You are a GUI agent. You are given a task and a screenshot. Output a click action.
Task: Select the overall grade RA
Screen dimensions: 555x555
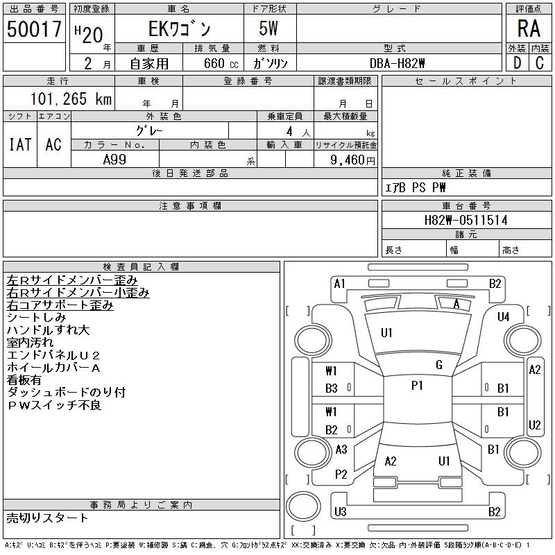click(x=528, y=28)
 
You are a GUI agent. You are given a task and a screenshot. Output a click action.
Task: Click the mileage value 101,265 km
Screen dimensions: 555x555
click(x=71, y=99)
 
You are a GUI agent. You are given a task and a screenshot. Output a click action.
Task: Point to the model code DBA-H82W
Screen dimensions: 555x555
click(x=398, y=63)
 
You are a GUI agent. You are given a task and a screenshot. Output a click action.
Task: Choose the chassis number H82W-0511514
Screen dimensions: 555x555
click(x=466, y=221)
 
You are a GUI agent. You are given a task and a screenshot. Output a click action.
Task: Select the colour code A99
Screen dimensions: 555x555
click(x=114, y=160)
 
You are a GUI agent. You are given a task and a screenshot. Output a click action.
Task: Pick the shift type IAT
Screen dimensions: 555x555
click(x=20, y=144)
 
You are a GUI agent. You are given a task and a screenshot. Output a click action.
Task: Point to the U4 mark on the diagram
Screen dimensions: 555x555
click(x=504, y=317)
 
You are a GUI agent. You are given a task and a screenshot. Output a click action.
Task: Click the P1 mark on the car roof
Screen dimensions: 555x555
click(x=417, y=386)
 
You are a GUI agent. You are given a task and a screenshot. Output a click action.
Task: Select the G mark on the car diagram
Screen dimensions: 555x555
click(x=438, y=365)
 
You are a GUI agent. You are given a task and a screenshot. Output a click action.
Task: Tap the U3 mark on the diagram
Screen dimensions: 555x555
click(x=340, y=512)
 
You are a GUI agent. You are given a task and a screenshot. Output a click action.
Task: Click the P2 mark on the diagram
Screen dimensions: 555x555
click(x=341, y=475)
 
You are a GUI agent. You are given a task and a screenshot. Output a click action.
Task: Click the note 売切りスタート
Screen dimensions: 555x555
click(x=47, y=518)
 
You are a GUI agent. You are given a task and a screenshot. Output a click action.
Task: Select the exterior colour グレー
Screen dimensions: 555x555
click(x=149, y=130)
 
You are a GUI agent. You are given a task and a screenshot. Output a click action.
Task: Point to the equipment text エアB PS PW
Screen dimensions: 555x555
click(x=416, y=187)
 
